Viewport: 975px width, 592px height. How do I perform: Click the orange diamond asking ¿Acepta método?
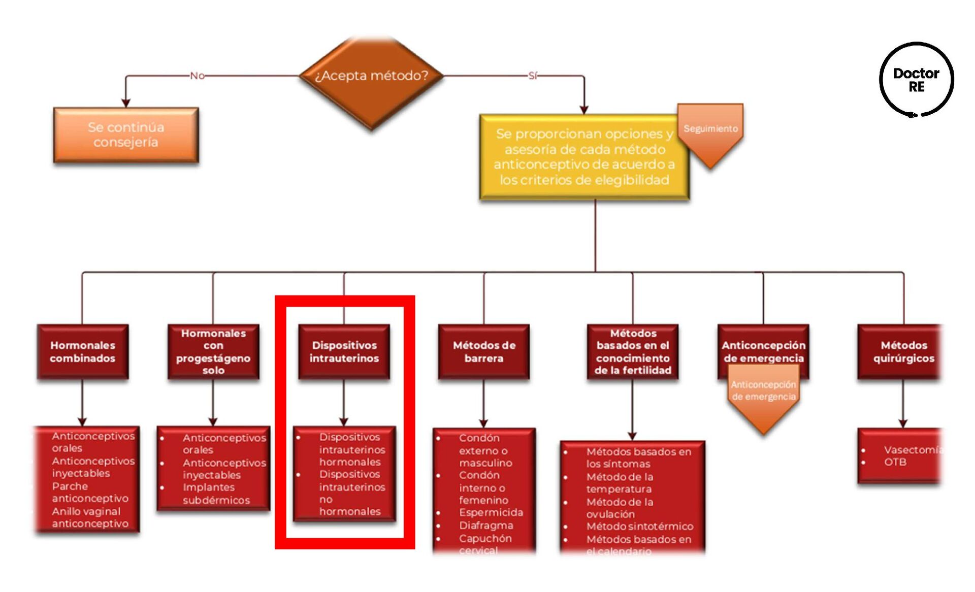[x=371, y=76]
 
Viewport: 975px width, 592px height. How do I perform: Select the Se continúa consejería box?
[x=126, y=135]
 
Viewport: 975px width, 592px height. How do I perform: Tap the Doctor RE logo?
[x=916, y=80]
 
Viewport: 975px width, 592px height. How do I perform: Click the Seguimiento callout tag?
[x=710, y=129]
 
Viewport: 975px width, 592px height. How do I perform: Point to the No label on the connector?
[x=197, y=76]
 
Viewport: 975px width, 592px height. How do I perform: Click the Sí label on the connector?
[x=532, y=76]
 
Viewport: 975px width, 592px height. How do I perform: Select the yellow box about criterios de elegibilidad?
[x=584, y=157]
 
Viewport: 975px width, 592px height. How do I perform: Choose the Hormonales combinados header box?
[x=83, y=352]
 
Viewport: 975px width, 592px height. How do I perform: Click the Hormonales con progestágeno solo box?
[x=213, y=352]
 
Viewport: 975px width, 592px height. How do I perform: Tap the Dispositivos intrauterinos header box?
[x=344, y=352]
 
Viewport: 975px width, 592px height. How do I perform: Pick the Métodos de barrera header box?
[x=484, y=352]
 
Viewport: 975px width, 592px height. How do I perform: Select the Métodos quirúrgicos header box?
[x=903, y=352]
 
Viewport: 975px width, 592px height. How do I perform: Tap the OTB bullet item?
[x=895, y=462]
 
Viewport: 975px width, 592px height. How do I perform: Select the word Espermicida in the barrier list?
[x=491, y=512]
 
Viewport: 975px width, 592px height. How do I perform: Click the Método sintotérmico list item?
[x=639, y=527]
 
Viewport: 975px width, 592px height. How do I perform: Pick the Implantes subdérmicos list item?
[x=216, y=494]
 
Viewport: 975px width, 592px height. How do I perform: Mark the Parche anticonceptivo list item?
[x=90, y=492]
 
